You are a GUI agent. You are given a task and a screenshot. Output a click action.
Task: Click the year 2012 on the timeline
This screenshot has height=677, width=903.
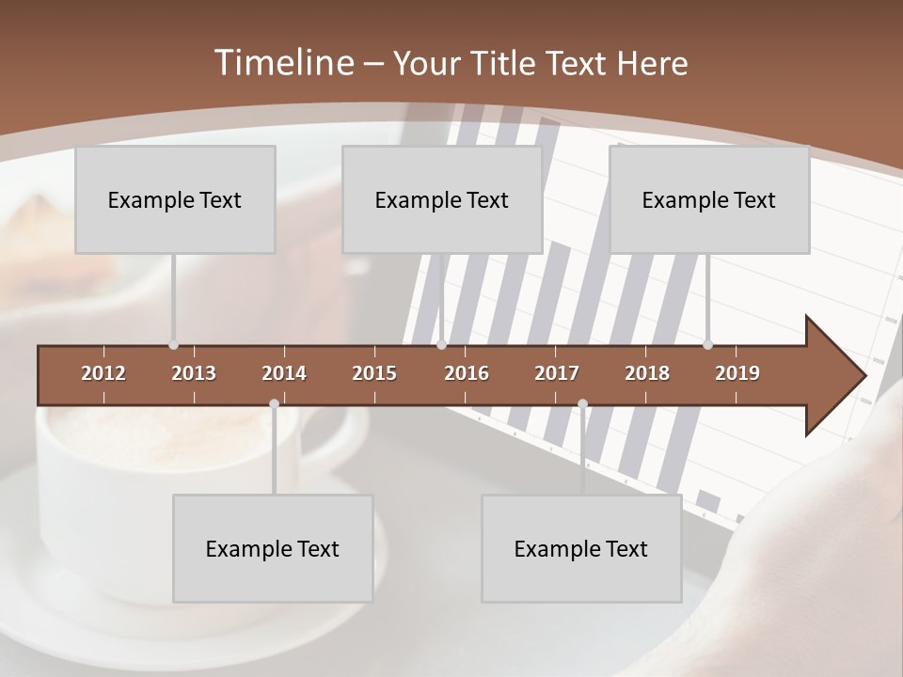point(103,373)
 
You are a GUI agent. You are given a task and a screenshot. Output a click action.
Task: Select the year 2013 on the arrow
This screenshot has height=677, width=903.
point(194,373)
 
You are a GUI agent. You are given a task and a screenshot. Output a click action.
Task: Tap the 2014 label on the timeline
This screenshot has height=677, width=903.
point(284,373)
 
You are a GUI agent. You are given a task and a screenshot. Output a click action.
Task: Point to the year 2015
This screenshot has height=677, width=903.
point(374,373)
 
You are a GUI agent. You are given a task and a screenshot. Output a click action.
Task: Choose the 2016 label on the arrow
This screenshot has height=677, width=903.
point(467,373)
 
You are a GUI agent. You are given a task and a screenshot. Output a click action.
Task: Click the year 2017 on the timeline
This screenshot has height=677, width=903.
point(557,373)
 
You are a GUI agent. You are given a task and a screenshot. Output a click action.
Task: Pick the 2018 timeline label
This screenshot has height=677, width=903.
point(647,373)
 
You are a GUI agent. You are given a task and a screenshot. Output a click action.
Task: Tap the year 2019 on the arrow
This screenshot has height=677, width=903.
point(737,373)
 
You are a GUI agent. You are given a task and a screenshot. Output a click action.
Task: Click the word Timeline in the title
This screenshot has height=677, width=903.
point(282,63)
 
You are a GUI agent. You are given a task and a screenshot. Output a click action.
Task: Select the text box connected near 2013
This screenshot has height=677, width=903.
point(175,199)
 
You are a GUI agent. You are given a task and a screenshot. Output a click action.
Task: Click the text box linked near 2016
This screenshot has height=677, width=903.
point(442,199)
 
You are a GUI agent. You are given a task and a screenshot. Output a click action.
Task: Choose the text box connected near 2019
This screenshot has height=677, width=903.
point(709,199)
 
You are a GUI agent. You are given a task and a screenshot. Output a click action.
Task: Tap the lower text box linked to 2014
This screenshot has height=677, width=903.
point(273,548)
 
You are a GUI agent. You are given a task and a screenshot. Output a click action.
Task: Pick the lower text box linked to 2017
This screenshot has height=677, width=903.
point(581,548)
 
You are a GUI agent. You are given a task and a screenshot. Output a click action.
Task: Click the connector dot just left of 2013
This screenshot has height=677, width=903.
point(173,345)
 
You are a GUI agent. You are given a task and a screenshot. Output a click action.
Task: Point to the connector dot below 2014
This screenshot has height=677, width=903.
point(274,403)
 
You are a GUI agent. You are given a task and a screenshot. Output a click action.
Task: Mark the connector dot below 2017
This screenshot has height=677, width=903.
point(582,403)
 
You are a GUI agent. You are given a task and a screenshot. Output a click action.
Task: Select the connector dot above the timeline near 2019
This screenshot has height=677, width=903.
point(707,345)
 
